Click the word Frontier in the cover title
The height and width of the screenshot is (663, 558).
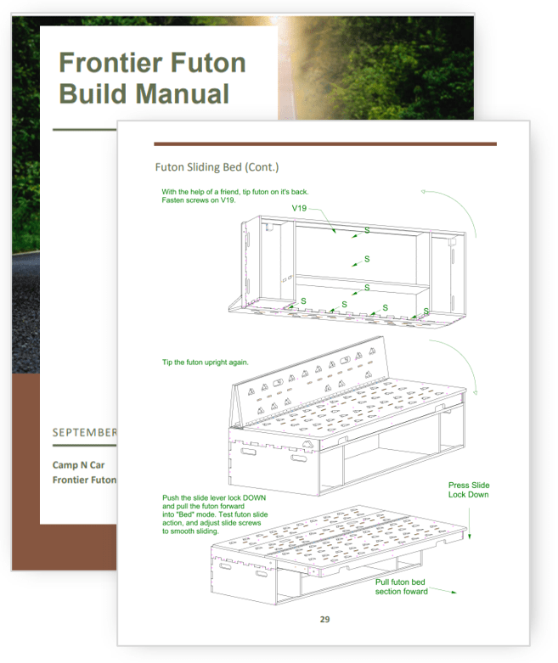[110, 63]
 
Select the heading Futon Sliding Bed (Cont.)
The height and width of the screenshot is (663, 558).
[217, 167]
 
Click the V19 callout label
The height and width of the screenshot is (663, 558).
[299, 208]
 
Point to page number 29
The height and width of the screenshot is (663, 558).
[324, 619]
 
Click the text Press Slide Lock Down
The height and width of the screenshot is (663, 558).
[469, 490]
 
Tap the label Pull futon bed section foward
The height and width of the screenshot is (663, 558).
[401, 587]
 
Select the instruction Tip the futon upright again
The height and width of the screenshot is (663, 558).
[206, 362]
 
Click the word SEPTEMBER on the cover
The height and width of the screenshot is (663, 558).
[84, 432]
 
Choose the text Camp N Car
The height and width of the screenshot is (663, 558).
[78, 464]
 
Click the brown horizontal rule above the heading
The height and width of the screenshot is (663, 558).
[325, 144]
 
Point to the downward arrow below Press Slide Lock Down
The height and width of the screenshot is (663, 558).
[469, 524]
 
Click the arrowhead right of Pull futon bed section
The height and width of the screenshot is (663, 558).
[453, 592]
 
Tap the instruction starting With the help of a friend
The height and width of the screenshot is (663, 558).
[235, 196]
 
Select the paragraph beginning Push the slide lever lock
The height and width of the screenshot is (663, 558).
[215, 514]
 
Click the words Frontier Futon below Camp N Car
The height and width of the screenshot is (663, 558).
[84, 480]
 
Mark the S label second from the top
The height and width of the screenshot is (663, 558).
[367, 259]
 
